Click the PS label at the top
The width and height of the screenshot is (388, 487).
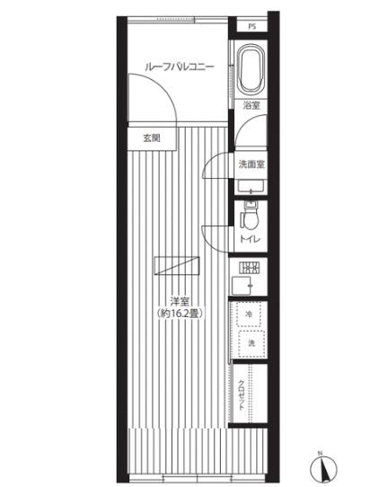point(252,27)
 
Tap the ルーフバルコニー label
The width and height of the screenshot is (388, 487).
point(180,66)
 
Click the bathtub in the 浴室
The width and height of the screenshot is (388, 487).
point(251,70)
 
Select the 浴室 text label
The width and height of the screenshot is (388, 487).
point(251,106)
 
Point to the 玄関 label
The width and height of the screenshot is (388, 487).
point(152,137)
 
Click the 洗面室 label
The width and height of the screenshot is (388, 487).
point(251,164)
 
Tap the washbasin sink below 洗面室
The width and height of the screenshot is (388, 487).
point(251,187)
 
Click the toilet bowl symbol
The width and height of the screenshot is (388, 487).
point(251,216)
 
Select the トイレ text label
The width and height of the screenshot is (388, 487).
point(251,239)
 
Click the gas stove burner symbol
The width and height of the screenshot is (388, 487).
point(249,268)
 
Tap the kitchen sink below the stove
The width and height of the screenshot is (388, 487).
point(242,286)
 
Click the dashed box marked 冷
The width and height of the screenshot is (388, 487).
point(248,314)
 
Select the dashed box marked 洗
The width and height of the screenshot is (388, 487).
point(251,343)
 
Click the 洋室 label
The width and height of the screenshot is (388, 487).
point(180,301)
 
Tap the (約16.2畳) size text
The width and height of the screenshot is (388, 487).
point(180,314)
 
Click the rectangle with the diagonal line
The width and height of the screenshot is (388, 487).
point(177,266)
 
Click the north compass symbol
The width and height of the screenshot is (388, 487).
point(323,468)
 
